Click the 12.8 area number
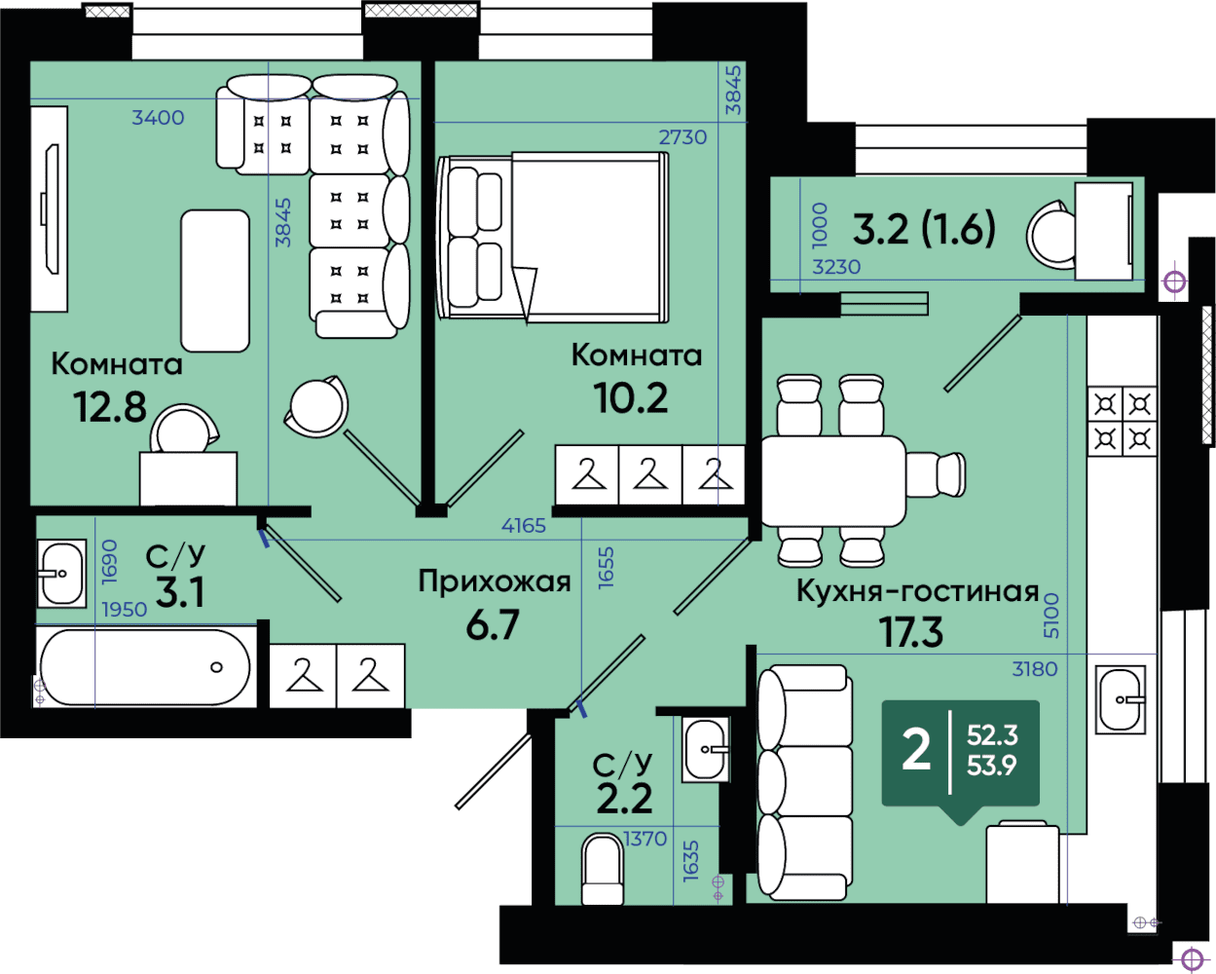(110, 407)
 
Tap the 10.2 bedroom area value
(631, 398)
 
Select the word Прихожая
(495, 581)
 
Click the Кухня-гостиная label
(918, 591)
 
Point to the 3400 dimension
(158, 118)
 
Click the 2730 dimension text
(682, 137)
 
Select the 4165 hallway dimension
(524, 526)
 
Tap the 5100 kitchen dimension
(1050, 616)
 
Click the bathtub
(145, 667)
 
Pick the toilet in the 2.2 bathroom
(603, 869)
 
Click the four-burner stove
(1123, 421)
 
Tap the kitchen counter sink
(1121, 700)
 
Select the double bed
(553, 237)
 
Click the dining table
(833, 481)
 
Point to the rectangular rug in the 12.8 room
(215, 281)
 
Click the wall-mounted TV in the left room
(52, 209)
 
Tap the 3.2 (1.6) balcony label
(924, 230)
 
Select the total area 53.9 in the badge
(992, 765)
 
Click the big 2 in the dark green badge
(916, 750)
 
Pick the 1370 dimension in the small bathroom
(645, 839)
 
